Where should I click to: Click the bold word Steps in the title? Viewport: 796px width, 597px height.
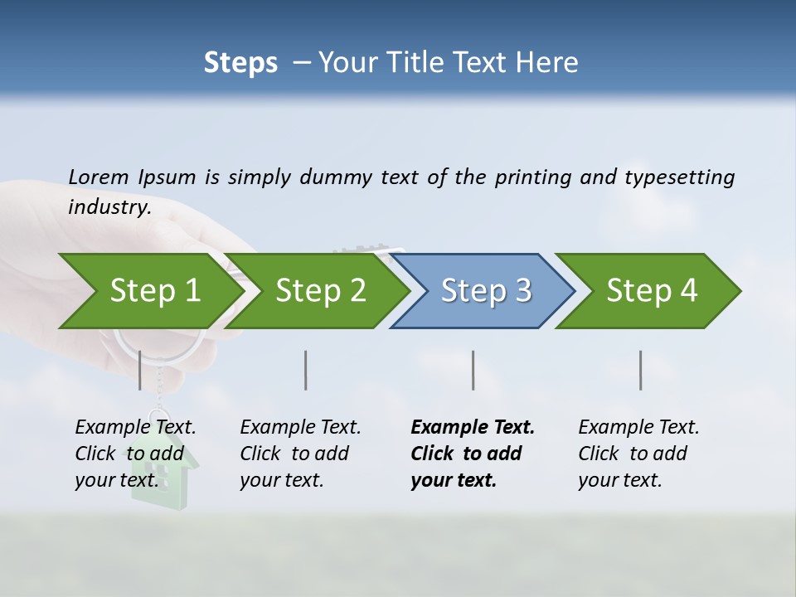click(x=240, y=62)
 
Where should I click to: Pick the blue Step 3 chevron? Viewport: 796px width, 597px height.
click(x=486, y=290)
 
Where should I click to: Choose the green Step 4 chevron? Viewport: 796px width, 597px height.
click(x=652, y=290)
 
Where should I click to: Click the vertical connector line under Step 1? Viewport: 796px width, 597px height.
click(x=140, y=370)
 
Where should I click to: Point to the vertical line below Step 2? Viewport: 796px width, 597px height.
click(x=306, y=370)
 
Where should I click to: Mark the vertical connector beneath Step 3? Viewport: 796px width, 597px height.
click(x=473, y=370)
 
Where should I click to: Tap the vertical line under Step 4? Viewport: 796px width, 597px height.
click(x=641, y=370)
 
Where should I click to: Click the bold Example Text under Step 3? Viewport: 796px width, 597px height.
click(x=473, y=428)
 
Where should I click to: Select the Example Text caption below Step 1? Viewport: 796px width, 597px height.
click(x=135, y=428)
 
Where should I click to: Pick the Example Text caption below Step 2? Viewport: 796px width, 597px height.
click(x=300, y=428)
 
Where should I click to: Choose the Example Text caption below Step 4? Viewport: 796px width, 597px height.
click(x=638, y=428)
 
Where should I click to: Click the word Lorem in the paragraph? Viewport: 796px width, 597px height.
click(x=99, y=177)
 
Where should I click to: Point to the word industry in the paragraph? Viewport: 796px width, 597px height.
click(x=109, y=207)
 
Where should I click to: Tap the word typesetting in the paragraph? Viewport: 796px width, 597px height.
click(x=679, y=177)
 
